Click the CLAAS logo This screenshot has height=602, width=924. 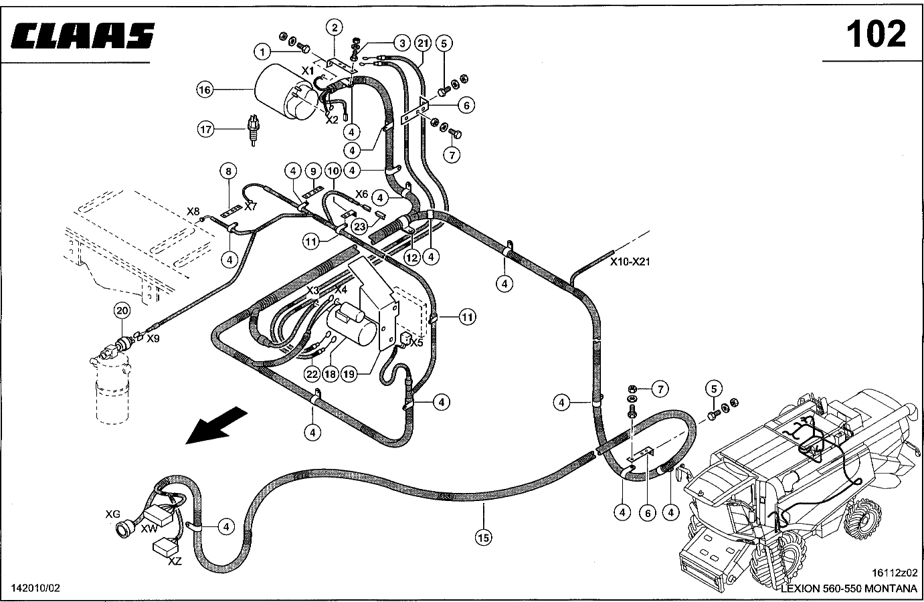pos(82,35)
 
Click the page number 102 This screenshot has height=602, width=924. pos(876,34)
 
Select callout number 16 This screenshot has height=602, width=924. pos(205,90)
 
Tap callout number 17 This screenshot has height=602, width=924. pos(205,130)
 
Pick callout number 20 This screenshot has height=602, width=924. pos(122,310)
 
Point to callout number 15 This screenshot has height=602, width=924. pos(484,537)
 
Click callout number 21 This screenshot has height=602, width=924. pos(423,43)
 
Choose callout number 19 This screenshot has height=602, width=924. pos(349,374)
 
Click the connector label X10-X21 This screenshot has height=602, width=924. pos(630,262)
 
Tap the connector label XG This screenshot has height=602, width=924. pos(112,514)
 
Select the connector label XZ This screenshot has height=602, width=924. pos(175,561)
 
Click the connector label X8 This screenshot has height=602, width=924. pos(193,211)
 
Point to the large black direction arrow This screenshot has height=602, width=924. pos(216,425)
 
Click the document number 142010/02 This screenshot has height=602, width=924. pos(35,588)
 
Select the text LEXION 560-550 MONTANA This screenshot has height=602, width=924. pos(849,589)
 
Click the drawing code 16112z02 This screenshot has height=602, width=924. pos(895,573)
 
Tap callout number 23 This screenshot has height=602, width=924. pos(360,226)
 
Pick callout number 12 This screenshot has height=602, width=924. pos(411,258)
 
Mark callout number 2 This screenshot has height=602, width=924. pos(334,27)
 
